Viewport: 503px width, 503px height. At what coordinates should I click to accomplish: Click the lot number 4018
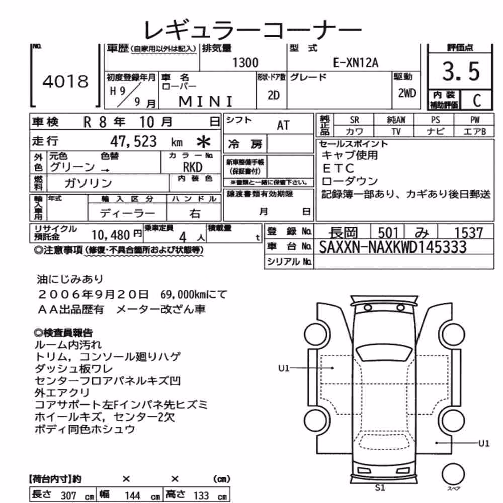pos(65,81)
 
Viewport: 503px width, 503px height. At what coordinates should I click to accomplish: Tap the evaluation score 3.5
pos(461,71)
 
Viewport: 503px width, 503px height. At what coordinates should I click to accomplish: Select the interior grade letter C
pos(477,101)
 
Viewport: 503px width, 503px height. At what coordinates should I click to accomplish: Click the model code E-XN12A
pos(356,63)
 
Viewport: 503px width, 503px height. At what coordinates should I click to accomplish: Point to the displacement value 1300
pos(245,63)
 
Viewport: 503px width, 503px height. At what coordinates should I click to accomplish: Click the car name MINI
pos(206,102)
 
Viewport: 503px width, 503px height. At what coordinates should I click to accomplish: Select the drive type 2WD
pos(407,93)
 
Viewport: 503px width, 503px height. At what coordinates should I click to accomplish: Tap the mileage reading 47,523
pos(133,141)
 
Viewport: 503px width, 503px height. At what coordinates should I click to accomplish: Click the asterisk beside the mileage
pos(204,142)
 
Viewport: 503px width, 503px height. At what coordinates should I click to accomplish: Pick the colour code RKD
pos(193,167)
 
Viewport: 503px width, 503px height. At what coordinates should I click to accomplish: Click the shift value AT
pos(283,125)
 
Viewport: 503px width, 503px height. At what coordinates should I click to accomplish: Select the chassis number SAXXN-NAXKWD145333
pos(393,247)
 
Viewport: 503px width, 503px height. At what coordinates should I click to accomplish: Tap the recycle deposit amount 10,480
pos(110,235)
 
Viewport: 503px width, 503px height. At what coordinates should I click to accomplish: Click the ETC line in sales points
pos(338,168)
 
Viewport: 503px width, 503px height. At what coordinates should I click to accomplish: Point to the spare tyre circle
pos(453,474)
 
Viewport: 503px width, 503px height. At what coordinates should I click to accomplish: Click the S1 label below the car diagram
pos(380,488)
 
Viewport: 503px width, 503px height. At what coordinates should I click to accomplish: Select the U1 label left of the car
pos(284,368)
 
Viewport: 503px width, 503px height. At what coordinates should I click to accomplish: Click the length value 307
pos(68,495)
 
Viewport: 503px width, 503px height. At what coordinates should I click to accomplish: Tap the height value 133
pos(201,495)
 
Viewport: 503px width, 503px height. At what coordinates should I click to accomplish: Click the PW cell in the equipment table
pos(474,120)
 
